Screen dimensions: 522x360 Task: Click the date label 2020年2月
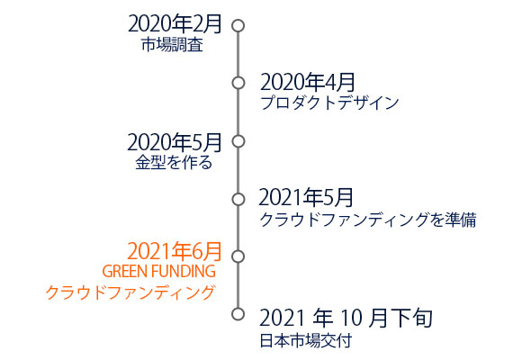click(175, 24)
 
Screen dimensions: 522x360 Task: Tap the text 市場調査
click(172, 45)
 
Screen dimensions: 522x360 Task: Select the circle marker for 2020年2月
click(238, 20)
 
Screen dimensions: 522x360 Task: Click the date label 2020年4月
click(307, 82)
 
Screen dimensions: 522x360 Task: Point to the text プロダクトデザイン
click(329, 103)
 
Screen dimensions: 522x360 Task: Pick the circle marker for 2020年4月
click(238, 76)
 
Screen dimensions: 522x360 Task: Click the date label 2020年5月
click(175, 142)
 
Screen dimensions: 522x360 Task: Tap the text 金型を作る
click(174, 163)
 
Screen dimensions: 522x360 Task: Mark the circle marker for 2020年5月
click(238, 135)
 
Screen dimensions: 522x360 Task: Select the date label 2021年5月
click(306, 197)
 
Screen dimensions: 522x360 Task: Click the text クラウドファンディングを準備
click(368, 220)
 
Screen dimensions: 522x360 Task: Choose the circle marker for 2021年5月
click(238, 193)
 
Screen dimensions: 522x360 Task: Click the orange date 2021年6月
click(175, 251)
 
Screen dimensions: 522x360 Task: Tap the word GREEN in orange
click(125, 272)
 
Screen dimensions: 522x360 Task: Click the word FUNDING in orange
click(184, 272)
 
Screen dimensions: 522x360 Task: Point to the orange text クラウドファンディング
click(130, 292)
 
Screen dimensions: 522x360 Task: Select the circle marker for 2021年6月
click(238, 250)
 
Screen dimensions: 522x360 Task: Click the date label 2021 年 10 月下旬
click(346, 318)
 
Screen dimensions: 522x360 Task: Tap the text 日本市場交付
click(306, 341)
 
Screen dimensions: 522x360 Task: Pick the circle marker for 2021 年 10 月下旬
click(238, 308)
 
